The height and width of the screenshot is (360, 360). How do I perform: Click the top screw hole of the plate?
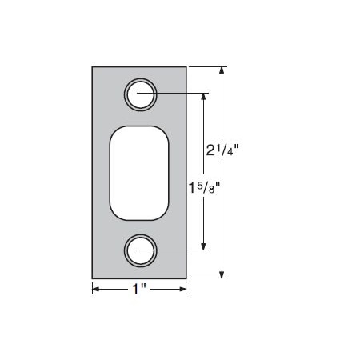click(x=140, y=94)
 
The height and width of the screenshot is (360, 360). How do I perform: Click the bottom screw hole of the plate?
click(x=140, y=250)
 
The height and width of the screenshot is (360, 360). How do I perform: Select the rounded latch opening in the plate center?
click(x=140, y=172)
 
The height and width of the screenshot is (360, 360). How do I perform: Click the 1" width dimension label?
click(x=139, y=289)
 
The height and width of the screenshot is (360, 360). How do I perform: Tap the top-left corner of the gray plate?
click(x=93, y=67)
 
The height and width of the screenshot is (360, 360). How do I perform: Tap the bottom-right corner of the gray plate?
click(x=186, y=278)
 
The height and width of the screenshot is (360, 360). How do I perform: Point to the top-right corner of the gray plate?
click(x=186, y=67)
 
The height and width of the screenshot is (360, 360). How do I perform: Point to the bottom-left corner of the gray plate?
click(x=93, y=278)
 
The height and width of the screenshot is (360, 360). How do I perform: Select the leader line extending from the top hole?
click(x=180, y=94)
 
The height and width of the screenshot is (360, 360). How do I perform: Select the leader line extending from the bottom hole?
click(x=180, y=250)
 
